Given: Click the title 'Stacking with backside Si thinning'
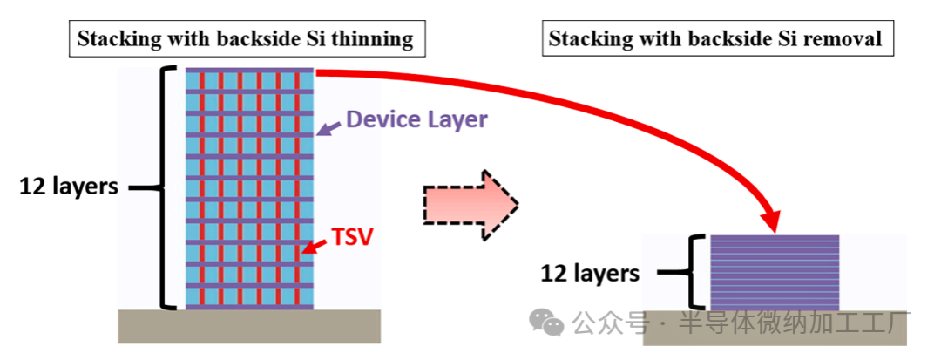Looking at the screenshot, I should coord(245,39).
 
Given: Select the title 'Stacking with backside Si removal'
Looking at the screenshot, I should coord(714,39).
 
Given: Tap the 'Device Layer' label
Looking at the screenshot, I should coord(416,119).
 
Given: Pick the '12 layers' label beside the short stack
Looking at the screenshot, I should coord(590,273).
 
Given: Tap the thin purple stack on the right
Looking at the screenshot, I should coord(775,273).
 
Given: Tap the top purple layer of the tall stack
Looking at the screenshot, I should coord(250,70).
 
